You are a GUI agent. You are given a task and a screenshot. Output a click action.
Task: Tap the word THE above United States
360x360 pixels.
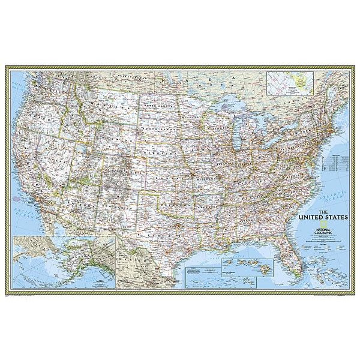[322, 211]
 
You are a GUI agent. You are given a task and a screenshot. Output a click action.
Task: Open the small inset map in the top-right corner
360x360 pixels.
[292, 83]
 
